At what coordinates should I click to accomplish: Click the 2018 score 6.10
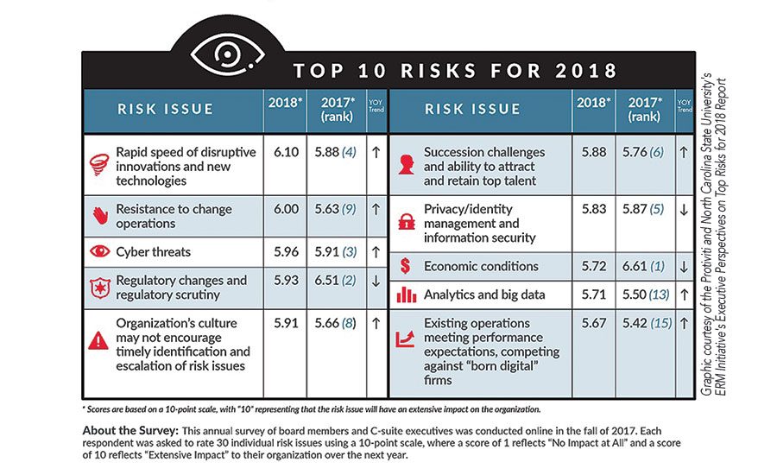285,151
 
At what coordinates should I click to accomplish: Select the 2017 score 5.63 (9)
337,208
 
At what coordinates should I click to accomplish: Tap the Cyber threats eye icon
101,252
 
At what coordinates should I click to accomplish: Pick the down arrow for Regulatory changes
376,281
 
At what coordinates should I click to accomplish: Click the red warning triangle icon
100,341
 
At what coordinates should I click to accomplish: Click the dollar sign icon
406,267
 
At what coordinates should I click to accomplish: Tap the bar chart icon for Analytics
406,294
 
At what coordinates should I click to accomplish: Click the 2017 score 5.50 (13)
647,294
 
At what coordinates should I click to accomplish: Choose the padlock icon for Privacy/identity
406,222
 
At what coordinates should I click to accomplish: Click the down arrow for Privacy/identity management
685,209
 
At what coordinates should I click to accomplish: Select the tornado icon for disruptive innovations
101,162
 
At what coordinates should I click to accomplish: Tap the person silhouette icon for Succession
406,163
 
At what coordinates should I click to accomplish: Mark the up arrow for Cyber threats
376,252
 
